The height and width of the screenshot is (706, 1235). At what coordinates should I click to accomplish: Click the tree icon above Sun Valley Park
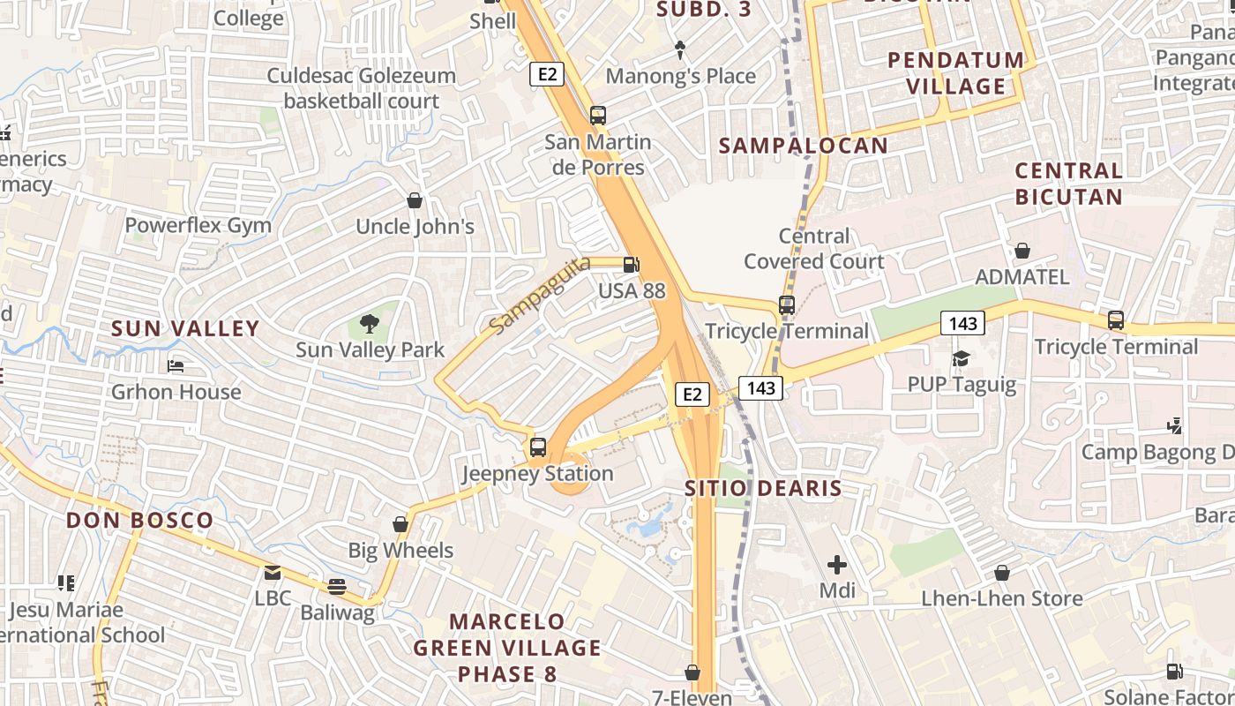[370, 324]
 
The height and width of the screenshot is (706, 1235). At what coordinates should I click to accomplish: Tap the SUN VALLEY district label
[185, 329]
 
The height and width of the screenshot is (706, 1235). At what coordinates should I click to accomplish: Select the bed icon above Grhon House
[176, 365]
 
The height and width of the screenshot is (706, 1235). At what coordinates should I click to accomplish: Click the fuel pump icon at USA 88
[632, 264]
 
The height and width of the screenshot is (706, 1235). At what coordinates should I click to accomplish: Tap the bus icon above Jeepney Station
[538, 447]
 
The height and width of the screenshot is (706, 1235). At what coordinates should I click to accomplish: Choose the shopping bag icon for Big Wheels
[400, 524]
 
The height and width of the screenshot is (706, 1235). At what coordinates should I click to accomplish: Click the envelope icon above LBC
[273, 573]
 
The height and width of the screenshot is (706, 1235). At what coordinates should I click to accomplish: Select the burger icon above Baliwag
[336, 586]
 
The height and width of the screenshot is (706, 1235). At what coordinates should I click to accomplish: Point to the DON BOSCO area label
[140, 521]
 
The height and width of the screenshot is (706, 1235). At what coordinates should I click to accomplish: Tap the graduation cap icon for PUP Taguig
[961, 358]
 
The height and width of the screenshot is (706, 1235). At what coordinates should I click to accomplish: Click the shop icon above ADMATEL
[1022, 252]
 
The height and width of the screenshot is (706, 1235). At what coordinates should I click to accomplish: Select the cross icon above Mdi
[837, 564]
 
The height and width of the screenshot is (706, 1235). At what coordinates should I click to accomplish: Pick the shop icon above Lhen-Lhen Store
[1001, 573]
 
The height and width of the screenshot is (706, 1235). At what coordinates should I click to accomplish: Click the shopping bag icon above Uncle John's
[415, 200]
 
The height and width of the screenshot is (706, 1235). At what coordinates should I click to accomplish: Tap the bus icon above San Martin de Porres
[598, 115]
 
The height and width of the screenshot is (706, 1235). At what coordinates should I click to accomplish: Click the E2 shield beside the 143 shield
[692, 394]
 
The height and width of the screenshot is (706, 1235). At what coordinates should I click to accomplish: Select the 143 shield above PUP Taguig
[962, 324]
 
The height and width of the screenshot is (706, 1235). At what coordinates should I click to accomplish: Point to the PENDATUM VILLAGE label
[956, 73]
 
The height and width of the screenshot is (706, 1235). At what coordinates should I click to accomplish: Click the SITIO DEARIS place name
[764, 488]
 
